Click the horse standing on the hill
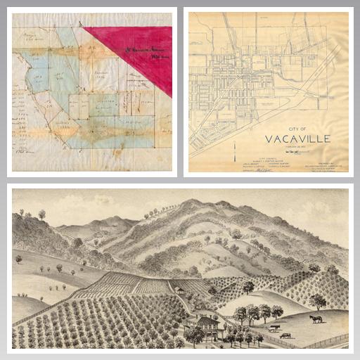(316, 319)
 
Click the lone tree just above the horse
(318, 301)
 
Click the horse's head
(310, 318)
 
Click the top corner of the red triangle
(84, 27)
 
